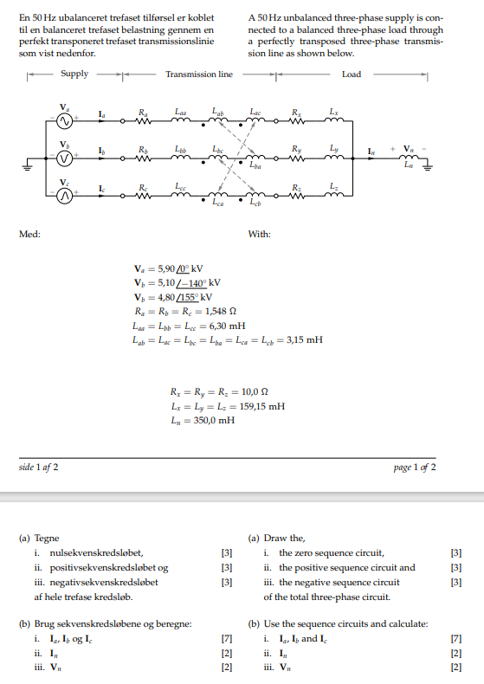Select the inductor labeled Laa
coord(179,122)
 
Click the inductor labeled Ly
coord(335,160)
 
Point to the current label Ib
coord(101,152)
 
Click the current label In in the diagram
coord(372,152)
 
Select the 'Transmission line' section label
coord(199,74)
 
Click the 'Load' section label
coord(352,74)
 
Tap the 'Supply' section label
coord(74,74)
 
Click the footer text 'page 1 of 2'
coord(415,468)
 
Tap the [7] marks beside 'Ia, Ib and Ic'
coord(457,639)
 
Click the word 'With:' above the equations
coord(260,235)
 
